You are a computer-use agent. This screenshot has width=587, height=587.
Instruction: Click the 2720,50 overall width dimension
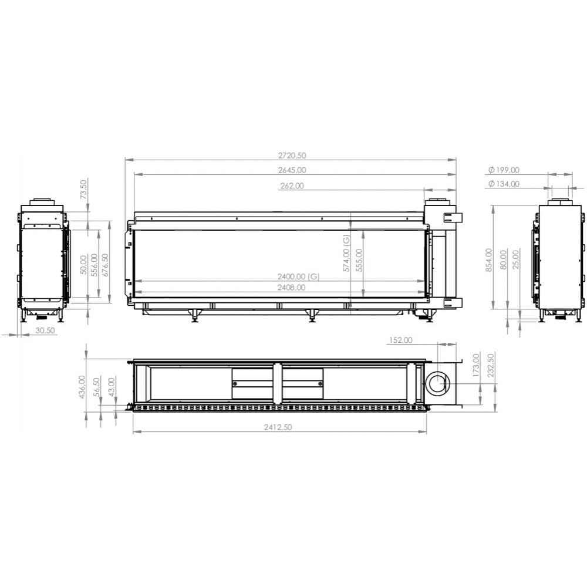292,156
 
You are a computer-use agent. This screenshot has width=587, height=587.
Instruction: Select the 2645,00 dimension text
292,170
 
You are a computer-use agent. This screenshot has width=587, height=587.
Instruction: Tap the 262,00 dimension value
292,185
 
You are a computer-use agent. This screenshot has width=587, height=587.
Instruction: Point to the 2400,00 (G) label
298,277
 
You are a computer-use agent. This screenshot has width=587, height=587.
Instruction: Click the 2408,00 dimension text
291,288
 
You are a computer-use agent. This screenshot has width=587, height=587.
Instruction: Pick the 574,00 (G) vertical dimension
346,254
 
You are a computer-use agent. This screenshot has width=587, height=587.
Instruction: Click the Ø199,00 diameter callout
504,170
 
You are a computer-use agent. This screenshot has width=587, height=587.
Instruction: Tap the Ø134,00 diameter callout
504,184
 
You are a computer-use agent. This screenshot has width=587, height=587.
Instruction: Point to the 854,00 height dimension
489,260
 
